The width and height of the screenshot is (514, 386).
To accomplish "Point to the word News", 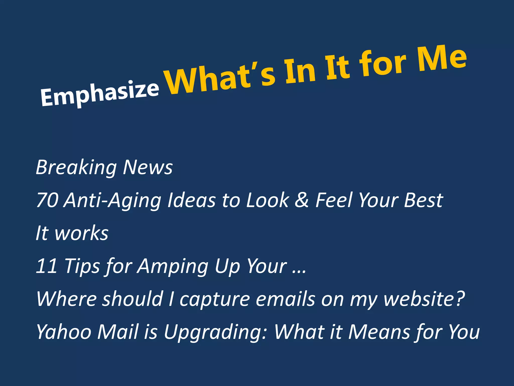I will tap(148, 167).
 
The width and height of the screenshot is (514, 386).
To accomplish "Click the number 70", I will tap(47, 200).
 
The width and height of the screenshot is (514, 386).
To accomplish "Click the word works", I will tap(82, 233).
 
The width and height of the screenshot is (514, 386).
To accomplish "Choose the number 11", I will tap(47, 266).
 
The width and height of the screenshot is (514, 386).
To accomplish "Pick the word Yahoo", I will tap(64, 332).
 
